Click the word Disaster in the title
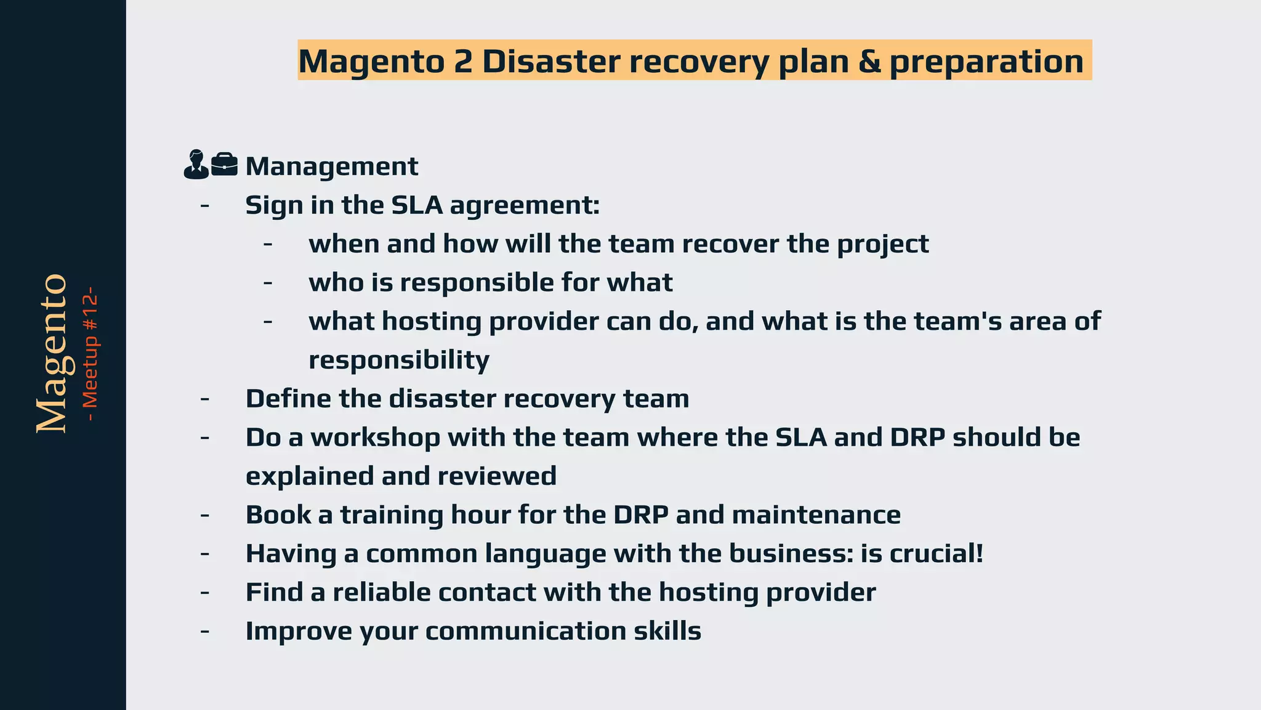click(550, 61)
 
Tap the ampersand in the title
click(869, 61)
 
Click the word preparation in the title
click(986, 62)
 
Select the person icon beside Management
click(196, 165)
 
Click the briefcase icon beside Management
click(224, 165)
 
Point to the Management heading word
click(331, 166)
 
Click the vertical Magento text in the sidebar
click(52, 354)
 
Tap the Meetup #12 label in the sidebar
click(90, 354)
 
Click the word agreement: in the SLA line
click(525, 206)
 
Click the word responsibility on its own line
click(398, 360)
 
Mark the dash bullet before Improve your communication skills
click(204, 631)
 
